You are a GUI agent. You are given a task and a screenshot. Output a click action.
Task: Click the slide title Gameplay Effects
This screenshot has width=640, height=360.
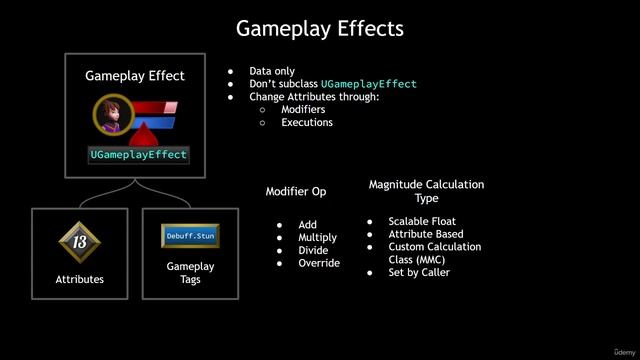(x=319, y=27)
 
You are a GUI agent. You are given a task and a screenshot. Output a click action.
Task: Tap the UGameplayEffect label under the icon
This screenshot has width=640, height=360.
(x=138, y=155)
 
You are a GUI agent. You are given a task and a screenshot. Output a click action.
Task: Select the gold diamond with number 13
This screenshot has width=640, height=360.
(x=79, y=241)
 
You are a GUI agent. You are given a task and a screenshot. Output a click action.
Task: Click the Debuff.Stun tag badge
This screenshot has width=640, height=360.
(x=190, y=236)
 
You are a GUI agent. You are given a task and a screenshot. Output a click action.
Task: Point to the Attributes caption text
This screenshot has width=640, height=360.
(x=79, y=280)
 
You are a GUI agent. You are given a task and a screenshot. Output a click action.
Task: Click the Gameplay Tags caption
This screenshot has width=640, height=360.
(x=190, y=273)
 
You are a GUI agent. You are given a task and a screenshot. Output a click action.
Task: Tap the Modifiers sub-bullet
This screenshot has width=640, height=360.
(x=303, y=109)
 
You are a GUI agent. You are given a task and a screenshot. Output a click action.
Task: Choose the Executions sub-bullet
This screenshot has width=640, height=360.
(x=307, y=122)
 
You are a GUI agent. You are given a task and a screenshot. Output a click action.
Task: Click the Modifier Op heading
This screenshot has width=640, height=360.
(x=295, y=191)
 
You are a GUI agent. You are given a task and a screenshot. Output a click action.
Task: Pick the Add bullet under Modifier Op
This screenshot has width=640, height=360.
(x=307, y=225)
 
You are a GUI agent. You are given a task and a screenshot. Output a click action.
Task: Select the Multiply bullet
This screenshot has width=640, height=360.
(x=317, y=238)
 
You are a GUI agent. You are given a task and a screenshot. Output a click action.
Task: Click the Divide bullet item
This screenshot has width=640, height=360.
(x=313, y=251)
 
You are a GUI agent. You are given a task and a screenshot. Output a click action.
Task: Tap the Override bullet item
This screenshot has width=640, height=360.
(x=319, y=264)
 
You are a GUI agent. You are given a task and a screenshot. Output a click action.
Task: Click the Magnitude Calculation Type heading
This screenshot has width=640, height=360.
(x=426, y=191)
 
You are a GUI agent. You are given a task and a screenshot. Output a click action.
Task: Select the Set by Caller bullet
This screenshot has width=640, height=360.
(x=419, y=272)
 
